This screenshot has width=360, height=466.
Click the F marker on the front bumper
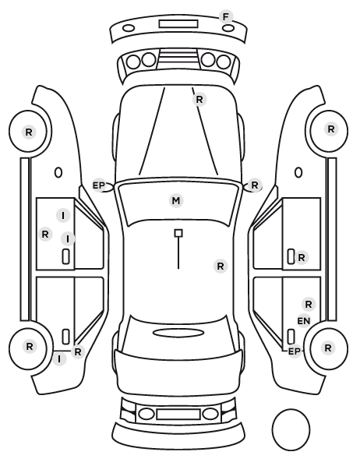click(x=226, y=17)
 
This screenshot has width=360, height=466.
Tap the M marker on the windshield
click(x=176, y=200)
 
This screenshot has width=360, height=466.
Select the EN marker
click(x=304, y=321)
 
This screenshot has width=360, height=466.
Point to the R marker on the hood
click(x=199, y=100)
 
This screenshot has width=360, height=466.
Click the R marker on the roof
click(x=221, y=266)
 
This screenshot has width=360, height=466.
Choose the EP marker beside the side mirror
click(x=99, y=185)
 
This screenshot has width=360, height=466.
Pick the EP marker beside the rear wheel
click(x=295, y=351)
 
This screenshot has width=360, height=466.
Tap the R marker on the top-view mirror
click(x=255, y=185)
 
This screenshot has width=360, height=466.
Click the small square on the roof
click(x=178, y=233)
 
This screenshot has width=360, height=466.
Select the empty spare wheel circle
click(x=291, y=409)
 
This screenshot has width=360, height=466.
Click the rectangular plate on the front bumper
click(x=178, y=24)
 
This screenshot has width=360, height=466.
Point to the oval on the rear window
click(x=178, y=333)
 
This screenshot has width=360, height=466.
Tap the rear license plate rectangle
click(x=178, y=414)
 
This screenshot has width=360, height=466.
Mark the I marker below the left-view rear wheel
click(x=59, y=359)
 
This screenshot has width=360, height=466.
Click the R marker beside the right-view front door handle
click(x=301, y=258)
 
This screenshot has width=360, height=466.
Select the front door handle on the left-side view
click(x=65, y=256)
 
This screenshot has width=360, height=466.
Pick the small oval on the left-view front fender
click(x=58, y=172)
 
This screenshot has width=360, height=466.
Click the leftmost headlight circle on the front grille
click(x=133, y=62)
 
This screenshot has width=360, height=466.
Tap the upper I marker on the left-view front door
click(x=63, y=215)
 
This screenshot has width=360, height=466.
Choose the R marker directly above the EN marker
click(x=309, y=305)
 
